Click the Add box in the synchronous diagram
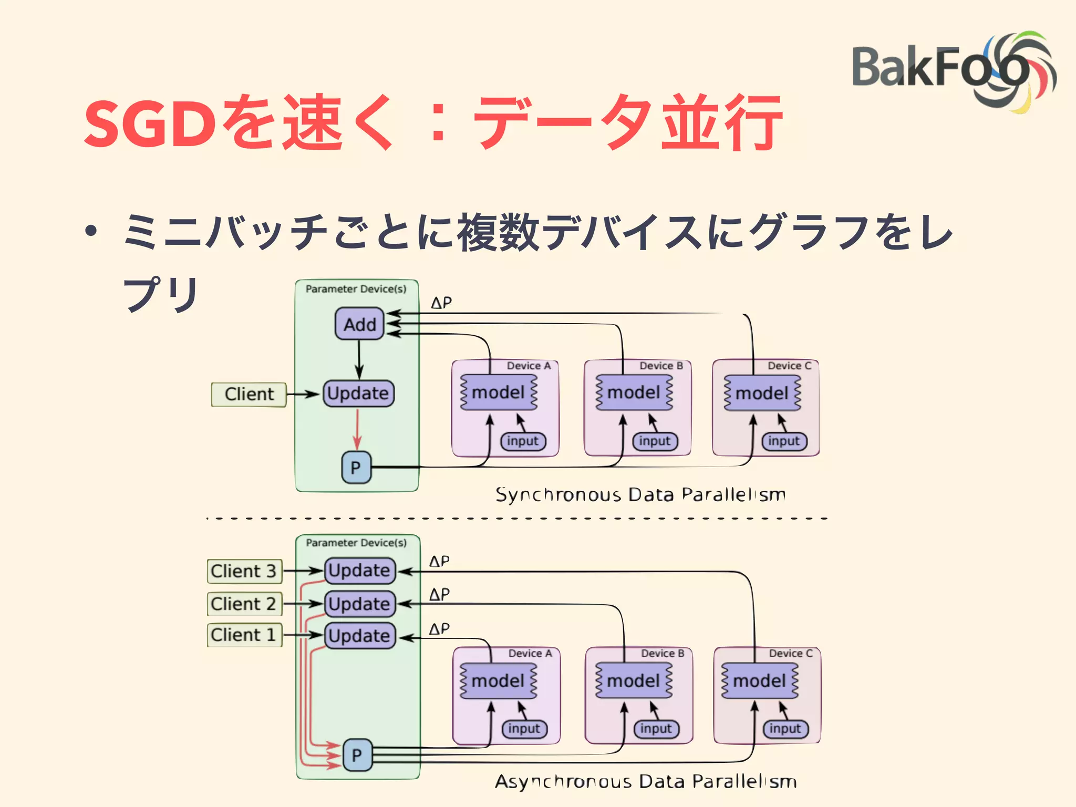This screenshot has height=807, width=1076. tap(360, 324)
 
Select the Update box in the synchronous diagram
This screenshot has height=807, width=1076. tap(358, 394)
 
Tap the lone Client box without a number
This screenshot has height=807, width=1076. tap(249, 394)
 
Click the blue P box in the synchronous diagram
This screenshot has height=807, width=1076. tap(356, 467)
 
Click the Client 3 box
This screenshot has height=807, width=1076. tap(244, 571)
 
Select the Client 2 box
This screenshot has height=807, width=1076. tap(244, 604)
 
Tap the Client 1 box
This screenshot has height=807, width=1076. tap(244, 635)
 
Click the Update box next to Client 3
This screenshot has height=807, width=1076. tap(360, 571)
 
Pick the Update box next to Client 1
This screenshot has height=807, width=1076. tap(360, 636)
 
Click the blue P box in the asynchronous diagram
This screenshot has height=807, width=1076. tap(357, 755)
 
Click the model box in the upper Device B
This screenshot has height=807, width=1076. tap(634, 392)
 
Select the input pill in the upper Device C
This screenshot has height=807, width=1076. tap(784, 441)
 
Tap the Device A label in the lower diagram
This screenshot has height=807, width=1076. tap(530, 653)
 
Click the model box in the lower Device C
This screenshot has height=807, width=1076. tap(760, 681)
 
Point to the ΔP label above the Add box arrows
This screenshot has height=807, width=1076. tap(441, 303)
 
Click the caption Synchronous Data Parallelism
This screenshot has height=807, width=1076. tap(640, 494)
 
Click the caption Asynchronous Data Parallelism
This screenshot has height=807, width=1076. tap(646, 781)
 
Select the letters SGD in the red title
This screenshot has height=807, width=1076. tap(150, 124)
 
